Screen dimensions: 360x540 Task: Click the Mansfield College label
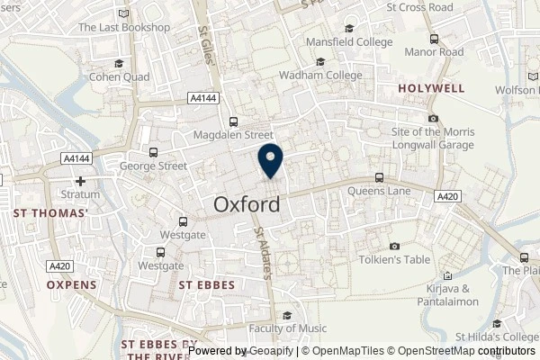coord(351,41)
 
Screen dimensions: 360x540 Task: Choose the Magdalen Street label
coord(234,135)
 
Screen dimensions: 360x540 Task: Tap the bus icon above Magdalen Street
coord(234,121)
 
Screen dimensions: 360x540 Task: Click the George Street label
coord(154,166)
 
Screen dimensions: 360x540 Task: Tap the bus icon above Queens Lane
coord(379,177)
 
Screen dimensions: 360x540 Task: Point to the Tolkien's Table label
coord(394,261)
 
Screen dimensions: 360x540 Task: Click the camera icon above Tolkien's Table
coord(394,247)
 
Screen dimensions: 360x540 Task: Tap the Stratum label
coord(80,193)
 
